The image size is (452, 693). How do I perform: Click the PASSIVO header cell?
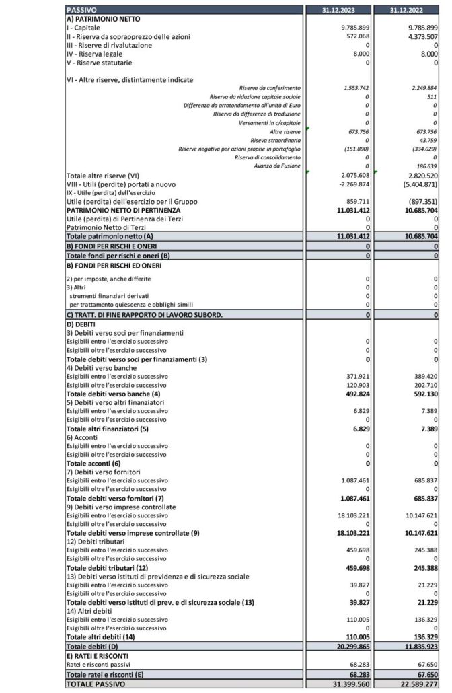pos(81,11)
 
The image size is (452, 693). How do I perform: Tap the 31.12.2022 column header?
pos(414,11)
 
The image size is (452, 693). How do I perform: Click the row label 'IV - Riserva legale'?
pos(95,53)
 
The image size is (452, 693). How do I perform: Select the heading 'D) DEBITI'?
pos(81,324)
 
